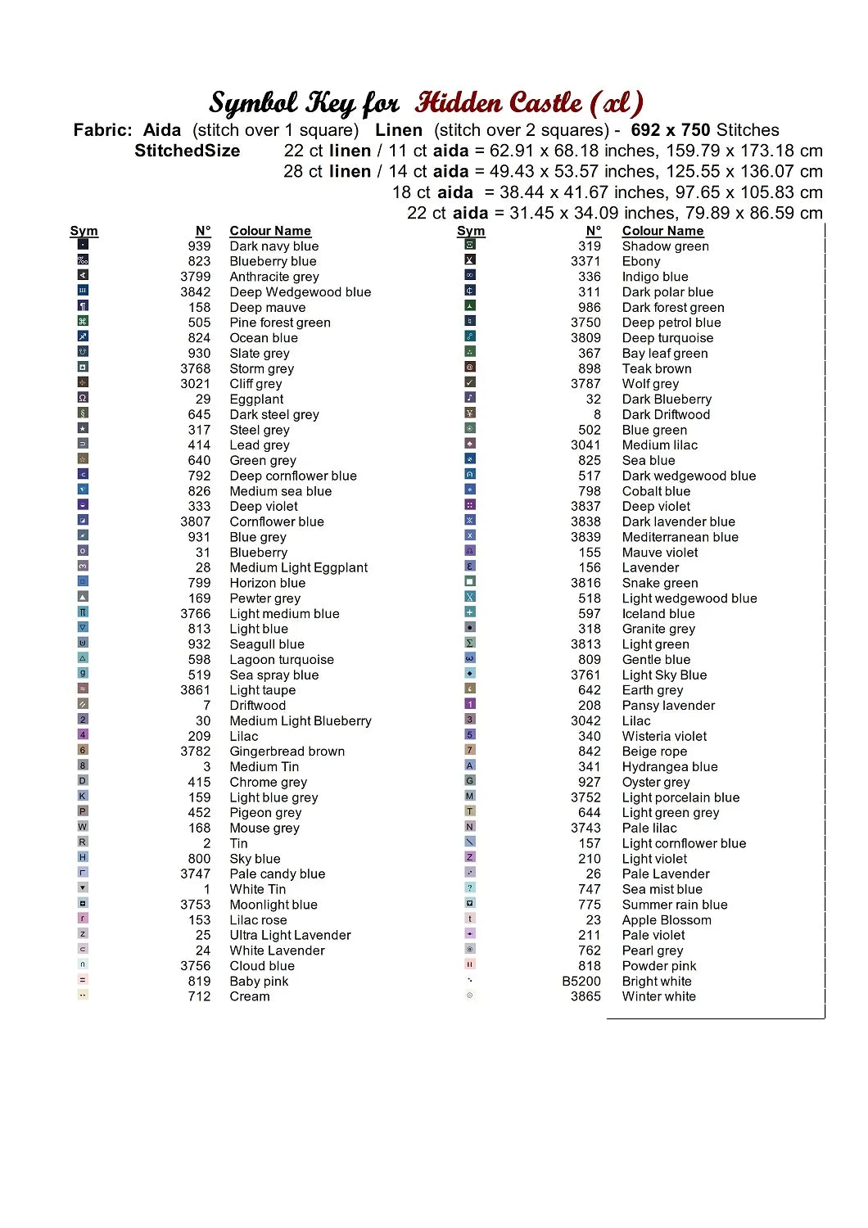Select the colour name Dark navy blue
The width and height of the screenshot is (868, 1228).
pyautogui.click(x=274, y=246)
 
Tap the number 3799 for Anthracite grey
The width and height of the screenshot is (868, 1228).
pyautogui.click(x=196, y=277)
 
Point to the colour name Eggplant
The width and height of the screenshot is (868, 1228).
pyautogui.click(x=256, y=400)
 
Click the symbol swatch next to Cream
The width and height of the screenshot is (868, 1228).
pyautogui.click(x=83, y=995)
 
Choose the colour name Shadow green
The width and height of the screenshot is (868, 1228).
pyautogui.click(x=665, y=246)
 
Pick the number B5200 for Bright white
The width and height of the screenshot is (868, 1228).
pyautogui.click(x=581, y=982)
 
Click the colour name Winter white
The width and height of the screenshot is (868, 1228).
pyautogui.click(x=658, y=996)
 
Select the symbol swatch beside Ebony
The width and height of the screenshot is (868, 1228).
pyautogui.click(x=470, y=260)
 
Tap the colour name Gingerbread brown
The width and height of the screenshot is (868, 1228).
pyautogui.click(x=287, y=752)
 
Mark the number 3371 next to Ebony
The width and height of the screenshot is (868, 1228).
pyautogui.click(x=585, y=261)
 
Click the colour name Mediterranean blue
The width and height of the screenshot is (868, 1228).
pyautogui.click(x=680, y=537)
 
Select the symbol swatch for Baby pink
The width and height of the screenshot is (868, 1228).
pyautogui.click(x=83, y=980)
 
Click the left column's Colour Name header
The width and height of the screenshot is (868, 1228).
pyautogui.click(x=270, y=231)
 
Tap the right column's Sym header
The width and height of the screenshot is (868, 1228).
pyautogui.click(x=471, y=231)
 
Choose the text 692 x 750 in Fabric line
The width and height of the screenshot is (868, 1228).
pyautogui.click(x=670, y=130)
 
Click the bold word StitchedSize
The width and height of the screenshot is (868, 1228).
pyautogui.click(x=188, y=151)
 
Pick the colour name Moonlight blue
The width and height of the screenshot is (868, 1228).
pyautogui.click(x=273, y=905)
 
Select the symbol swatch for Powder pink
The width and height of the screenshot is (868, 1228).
pyautogui.click(x=470, y=964)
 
